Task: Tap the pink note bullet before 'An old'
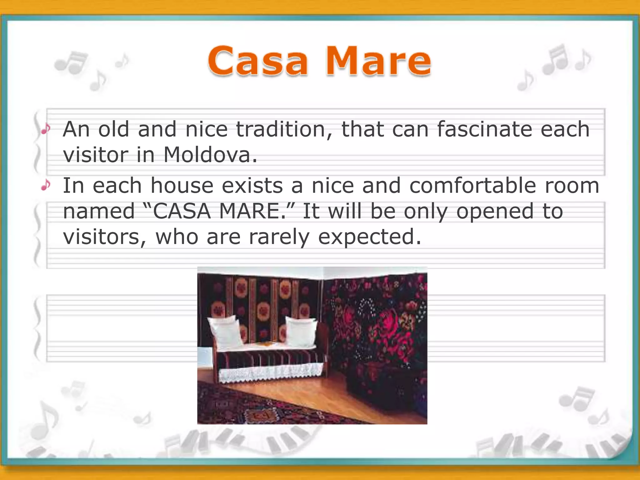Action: [x=46, y=129]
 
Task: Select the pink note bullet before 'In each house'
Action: [x=46, y=185]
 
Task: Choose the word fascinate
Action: [x=484, y=129]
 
